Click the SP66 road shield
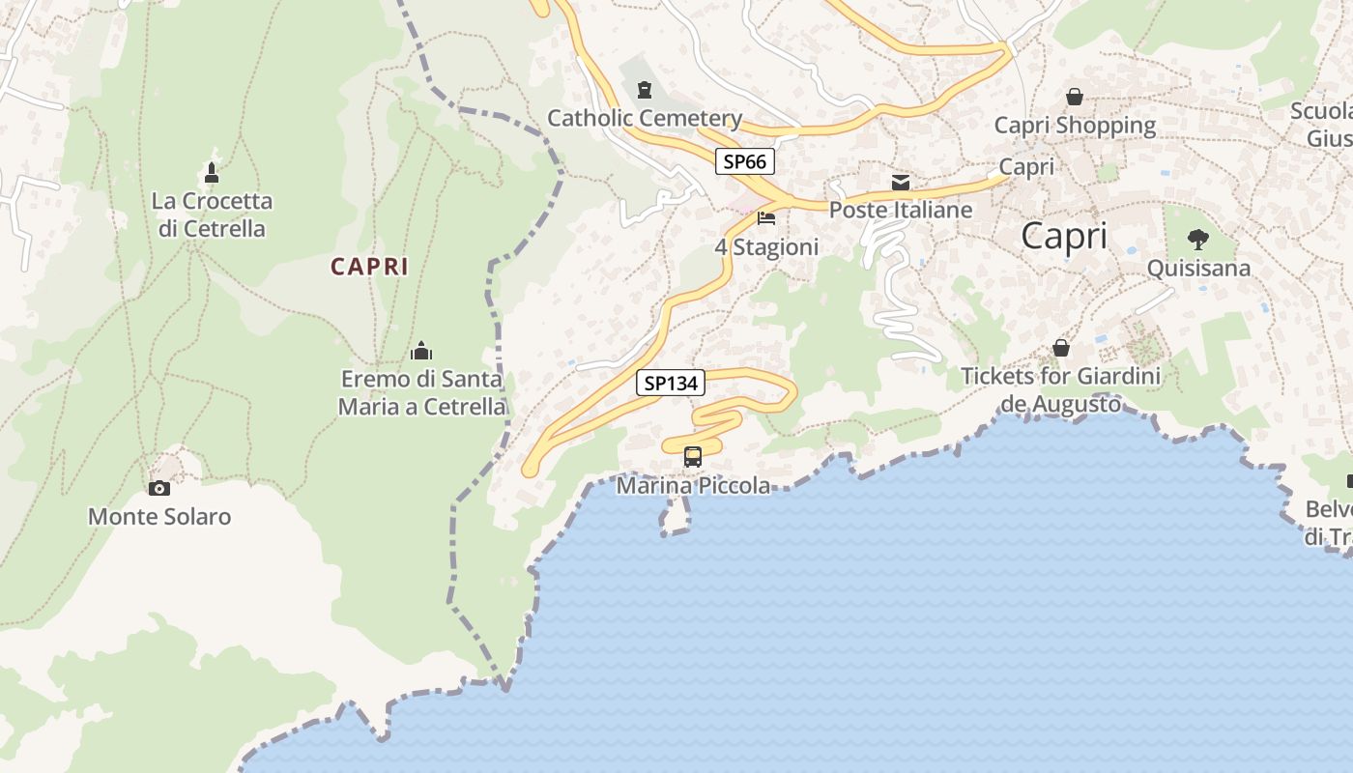[744, 161]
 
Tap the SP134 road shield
[671, 384]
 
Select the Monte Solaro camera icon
[159, 489]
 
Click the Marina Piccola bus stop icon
[693, 457]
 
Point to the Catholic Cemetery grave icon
[645, 91]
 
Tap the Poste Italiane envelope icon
[901, 183]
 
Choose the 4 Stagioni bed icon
[766, 218]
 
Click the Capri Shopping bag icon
[1074, 97]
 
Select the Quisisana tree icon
[1198, 240]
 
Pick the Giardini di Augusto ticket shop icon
[1061, 348]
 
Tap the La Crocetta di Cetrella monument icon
[212, 173]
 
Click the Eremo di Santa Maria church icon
[421, 350]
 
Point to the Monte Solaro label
[159, 517]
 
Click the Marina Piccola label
[693, 485]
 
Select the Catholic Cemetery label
[645, 119]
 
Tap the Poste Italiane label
[901, 210]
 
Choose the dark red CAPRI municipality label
[369, 267]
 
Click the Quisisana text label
[1198, 269]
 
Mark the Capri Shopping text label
[1075, 126]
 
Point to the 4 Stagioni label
[766, 247]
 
